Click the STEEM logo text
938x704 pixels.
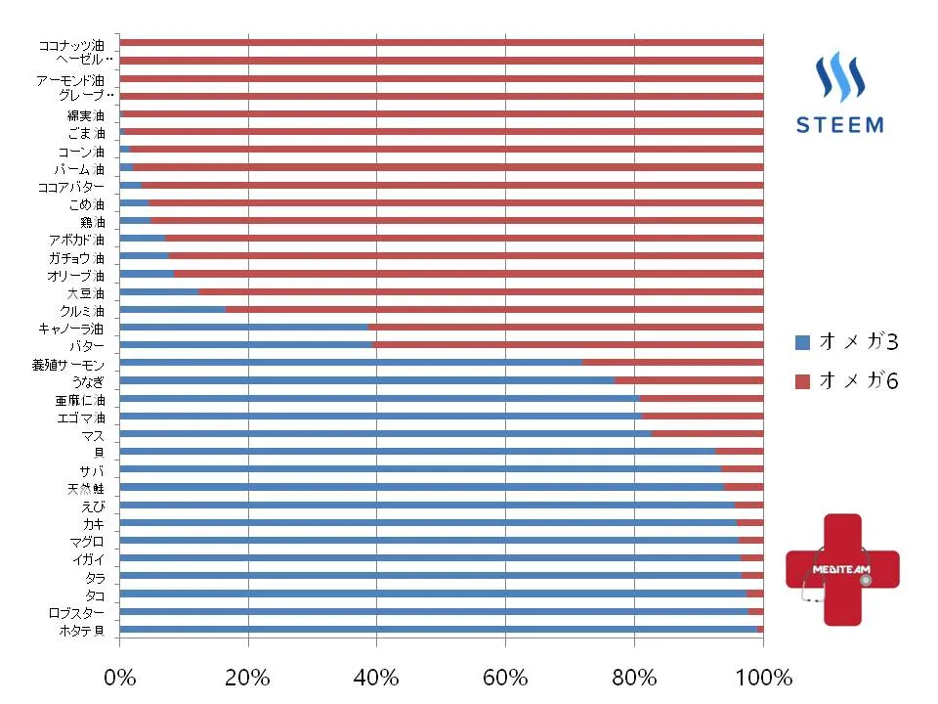point(840,125)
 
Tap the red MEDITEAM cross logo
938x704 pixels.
point(841,569)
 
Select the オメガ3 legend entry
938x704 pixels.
point(846,342)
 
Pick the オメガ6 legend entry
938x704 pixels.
point(846,379)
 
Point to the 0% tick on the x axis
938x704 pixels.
point(119,677)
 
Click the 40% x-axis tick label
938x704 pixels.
point(376,677)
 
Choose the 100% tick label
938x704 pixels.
point(762,677)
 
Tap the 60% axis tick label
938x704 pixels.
point(505,677)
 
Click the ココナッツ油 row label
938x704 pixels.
point(71,44)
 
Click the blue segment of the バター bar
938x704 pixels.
point(245,344)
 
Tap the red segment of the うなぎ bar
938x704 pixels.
point(688,379)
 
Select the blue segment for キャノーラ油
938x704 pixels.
point(243,327)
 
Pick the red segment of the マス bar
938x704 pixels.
point(706,433)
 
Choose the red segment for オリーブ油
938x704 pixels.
point(468,274)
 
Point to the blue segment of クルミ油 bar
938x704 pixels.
point(172,309)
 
